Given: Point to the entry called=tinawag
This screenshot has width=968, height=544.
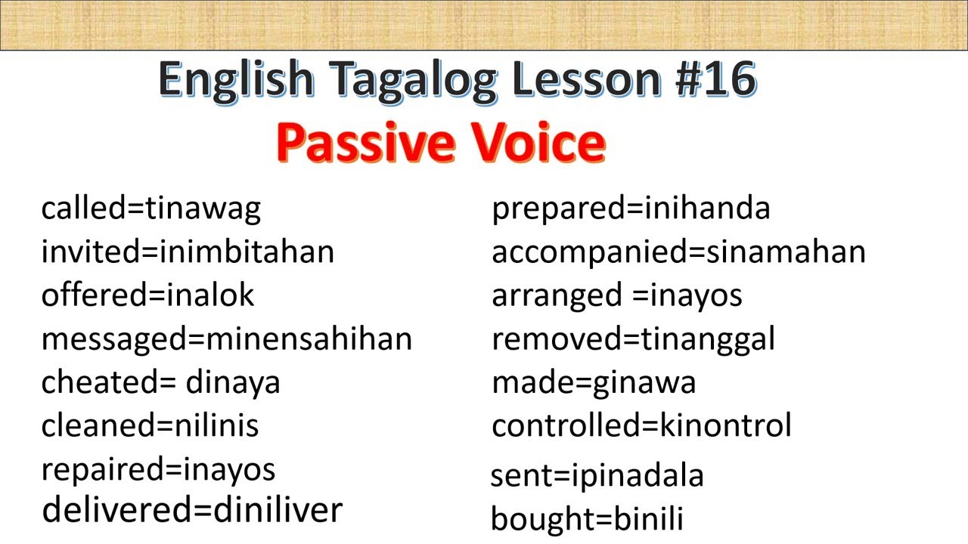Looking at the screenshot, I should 150,208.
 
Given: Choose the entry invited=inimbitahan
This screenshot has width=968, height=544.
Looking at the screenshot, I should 188,252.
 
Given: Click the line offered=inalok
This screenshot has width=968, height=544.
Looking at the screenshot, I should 147,295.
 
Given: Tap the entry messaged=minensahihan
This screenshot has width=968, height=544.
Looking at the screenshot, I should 227,338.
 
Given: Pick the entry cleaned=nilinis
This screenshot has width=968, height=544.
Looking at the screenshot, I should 150,425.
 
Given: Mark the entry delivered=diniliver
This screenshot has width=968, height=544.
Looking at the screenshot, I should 192,510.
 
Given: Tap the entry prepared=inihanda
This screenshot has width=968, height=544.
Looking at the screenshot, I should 631,208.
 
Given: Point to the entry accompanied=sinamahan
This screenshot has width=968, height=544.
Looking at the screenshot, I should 678,252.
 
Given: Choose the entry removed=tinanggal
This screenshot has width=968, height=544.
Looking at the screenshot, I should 633,338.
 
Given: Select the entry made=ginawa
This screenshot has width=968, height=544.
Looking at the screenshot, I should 594,382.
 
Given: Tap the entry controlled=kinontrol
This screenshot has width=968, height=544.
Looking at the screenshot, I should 641,426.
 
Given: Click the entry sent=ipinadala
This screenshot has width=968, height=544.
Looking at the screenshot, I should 597,476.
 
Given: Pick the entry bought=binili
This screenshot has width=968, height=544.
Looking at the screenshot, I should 587,519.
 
